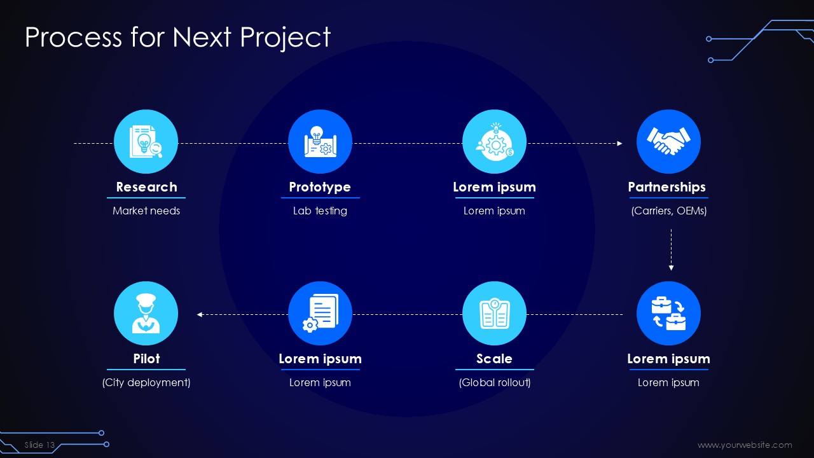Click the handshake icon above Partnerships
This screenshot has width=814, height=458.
coord(668,141)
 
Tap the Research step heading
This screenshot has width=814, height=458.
coord(146,187)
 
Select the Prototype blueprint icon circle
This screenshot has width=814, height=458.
coord(320,141)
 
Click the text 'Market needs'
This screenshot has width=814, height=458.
coord(146,211)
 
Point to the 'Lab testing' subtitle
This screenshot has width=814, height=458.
coord(320,211)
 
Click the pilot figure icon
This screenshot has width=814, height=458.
coord(146,314)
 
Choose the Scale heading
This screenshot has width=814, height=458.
coord(494,359)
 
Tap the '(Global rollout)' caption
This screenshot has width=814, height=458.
coord(495,382)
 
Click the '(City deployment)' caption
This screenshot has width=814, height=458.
coord(146,382)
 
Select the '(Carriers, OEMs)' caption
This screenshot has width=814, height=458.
coord(668,211)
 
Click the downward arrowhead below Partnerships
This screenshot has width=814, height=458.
coord(671,268)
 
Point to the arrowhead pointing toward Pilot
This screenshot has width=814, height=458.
coord(200,314)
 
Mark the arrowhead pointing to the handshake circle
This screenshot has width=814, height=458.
coord(619,144)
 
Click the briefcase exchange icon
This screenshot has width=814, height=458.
coord(668,314)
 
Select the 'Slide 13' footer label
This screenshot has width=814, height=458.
coord(39,445)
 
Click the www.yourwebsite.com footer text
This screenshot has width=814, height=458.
coord(745,445)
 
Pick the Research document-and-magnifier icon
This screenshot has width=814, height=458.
coord(146,141)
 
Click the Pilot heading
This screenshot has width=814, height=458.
coord(146,359)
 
